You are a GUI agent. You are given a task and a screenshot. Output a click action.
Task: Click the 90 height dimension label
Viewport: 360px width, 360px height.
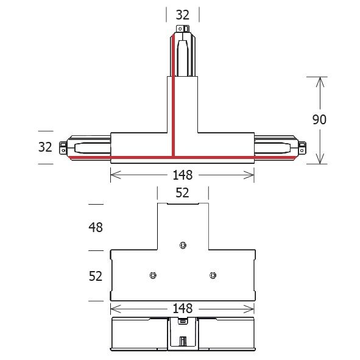(319, 119)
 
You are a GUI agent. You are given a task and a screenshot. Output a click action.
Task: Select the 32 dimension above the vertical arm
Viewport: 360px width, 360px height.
(183, 15)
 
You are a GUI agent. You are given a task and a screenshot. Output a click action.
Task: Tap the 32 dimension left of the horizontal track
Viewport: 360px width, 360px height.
(46, 146)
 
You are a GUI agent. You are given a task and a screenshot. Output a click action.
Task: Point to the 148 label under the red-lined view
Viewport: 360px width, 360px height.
(182, 175)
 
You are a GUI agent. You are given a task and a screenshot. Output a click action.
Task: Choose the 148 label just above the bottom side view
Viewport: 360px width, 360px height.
(182, 309)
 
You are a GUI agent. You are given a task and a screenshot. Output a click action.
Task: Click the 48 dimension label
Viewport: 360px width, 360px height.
(95, 227)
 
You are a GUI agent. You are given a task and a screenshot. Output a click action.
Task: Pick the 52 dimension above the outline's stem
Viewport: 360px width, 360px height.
(182, 193)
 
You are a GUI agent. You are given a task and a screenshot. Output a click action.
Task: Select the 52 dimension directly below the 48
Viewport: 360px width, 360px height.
(95, 276)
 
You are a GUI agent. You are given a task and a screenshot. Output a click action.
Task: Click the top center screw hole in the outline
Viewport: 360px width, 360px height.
(182, 245)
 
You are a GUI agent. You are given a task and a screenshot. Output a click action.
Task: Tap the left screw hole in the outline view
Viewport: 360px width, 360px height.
(152, 275)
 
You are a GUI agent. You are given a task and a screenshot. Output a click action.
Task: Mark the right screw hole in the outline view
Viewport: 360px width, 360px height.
(212, 275)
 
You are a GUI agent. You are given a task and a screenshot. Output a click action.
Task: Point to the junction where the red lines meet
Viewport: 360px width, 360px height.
(173, 157)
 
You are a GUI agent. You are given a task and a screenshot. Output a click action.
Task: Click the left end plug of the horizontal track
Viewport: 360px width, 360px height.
(62, 147)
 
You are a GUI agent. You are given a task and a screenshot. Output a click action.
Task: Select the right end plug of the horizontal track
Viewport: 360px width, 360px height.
(302, 147)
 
